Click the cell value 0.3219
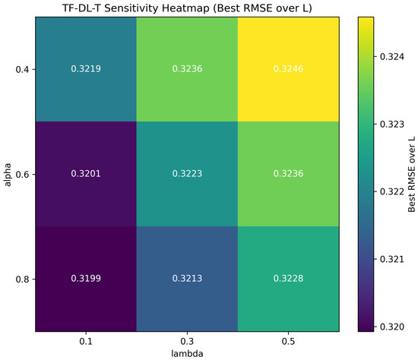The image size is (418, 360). (86, 69)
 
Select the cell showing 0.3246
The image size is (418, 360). (288, 69)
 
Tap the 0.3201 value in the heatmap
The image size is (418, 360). (86, 173)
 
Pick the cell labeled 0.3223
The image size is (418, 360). (187, 173)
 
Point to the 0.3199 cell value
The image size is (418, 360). (86, 279)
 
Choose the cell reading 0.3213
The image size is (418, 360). (187, 279)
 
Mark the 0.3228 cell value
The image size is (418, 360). (288, 279)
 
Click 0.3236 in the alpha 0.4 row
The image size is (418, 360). (187, 69)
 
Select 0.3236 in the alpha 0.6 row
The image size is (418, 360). (288, 173)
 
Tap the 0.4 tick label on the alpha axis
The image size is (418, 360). (22, 70)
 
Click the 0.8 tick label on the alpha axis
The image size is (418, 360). (22, 279)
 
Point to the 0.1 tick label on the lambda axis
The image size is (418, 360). (86, 341)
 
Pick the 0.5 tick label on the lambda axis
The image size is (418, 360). (288, 341)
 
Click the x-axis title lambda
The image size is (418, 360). (187, 354)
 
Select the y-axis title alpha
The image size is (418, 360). (8, 175)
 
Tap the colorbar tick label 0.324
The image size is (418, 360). (392, 57)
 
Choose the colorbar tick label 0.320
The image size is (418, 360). (392, 327)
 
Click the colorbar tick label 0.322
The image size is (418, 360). (392, 191)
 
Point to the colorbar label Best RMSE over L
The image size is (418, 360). (412, 175)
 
